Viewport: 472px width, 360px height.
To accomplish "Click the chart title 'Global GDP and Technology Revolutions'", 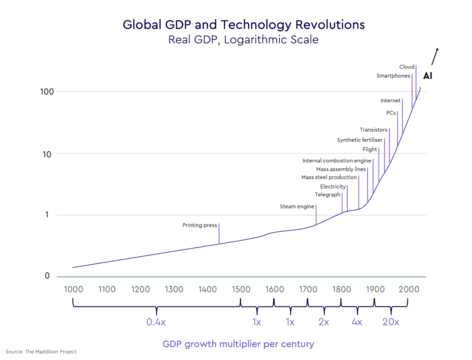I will point(243,25).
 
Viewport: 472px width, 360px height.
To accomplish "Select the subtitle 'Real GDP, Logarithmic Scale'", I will point(243,39).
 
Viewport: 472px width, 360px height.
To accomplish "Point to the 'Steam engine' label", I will point(297,207).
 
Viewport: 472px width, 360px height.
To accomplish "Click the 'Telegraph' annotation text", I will point(327,194).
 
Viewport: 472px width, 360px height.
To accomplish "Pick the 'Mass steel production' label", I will point(329,177).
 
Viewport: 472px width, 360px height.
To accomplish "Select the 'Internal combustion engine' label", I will point(336,161).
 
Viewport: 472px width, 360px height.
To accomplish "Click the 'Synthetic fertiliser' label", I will point(359,140).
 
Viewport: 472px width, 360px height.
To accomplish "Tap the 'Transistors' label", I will point(374,130).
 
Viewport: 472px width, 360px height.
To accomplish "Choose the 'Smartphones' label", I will point(393,76).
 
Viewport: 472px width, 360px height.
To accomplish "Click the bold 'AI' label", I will point(427,76).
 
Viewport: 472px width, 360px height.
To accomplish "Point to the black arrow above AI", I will point(435,56).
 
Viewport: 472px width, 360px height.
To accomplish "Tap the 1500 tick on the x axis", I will point(241,289).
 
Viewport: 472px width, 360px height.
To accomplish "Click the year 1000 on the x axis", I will point(73,289).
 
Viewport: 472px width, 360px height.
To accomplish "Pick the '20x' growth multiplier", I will point(391,322).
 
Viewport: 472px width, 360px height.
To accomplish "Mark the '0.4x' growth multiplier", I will point(156,322).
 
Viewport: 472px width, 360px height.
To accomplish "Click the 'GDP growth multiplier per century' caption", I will point(238,344).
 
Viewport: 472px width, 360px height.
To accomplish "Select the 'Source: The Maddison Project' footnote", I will point(41,351).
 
